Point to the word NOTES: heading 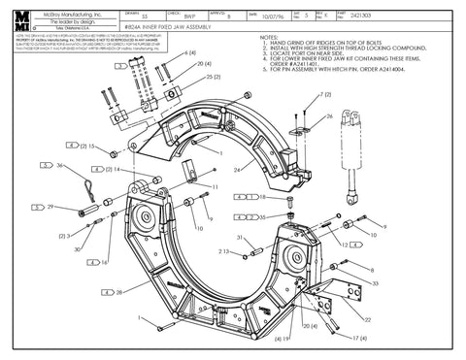click(x=271, y=37)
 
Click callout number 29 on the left click(x=50, y=207)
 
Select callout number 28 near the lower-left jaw click(x=118, y=291)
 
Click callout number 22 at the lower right click(x=367, y=319)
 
